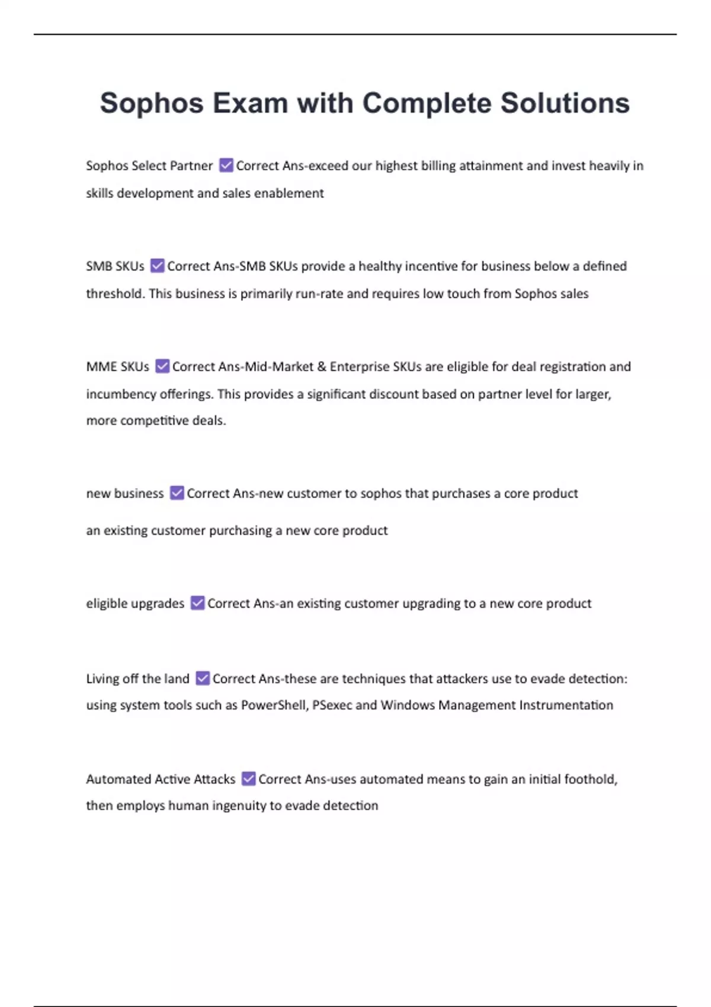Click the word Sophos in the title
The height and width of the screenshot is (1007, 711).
click(152, 103)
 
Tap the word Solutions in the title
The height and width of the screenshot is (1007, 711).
click(565, 103)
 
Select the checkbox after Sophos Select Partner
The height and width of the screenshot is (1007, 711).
click(226, 165)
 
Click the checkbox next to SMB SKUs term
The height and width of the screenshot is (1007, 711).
click(157, 265)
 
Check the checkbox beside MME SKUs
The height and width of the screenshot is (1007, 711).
click(162, 366)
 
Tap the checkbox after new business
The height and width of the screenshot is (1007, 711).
click(177, 493)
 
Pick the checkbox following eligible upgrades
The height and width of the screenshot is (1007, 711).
click(197, 603)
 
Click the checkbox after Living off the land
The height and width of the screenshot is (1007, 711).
click(203, 678)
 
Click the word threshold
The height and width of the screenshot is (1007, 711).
click(114, 293)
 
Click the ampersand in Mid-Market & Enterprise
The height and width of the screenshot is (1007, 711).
click(322, 367)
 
